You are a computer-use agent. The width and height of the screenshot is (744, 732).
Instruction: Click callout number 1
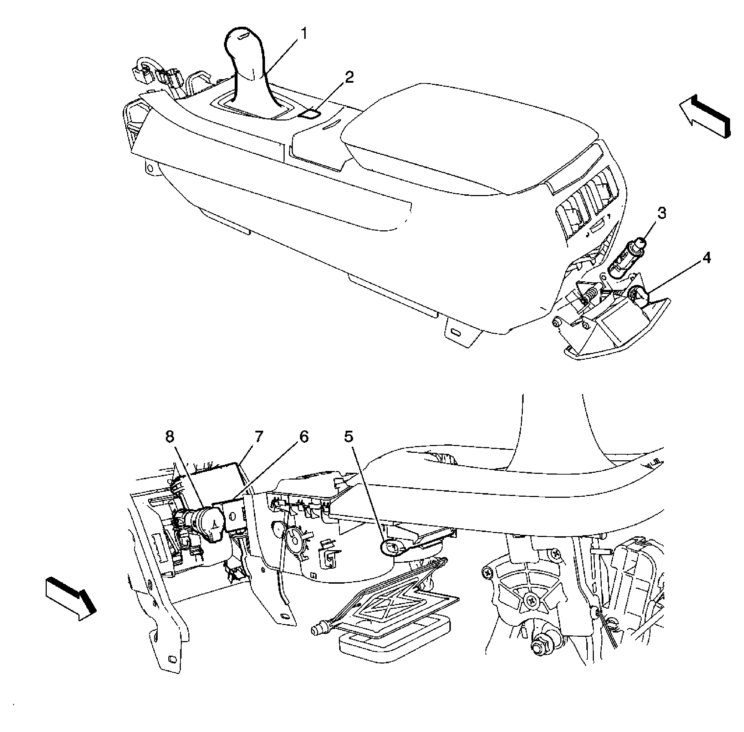304,34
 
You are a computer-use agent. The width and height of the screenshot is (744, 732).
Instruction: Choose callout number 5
348,436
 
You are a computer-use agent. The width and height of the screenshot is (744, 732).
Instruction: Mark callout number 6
304,436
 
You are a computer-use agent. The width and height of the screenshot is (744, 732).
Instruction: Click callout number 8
169,436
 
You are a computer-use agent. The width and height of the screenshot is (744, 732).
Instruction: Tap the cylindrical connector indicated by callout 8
198,524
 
